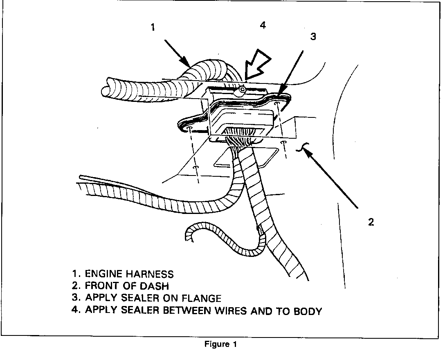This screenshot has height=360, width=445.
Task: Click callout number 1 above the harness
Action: point(153,28)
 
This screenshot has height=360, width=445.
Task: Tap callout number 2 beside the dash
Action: point(371,222)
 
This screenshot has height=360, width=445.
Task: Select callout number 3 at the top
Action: point(313,36)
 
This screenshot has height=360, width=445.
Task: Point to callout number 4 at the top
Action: point(263,25)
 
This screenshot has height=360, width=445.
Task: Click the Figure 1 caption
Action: point(220,344)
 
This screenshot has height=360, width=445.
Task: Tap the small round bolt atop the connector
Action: point(242,89)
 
